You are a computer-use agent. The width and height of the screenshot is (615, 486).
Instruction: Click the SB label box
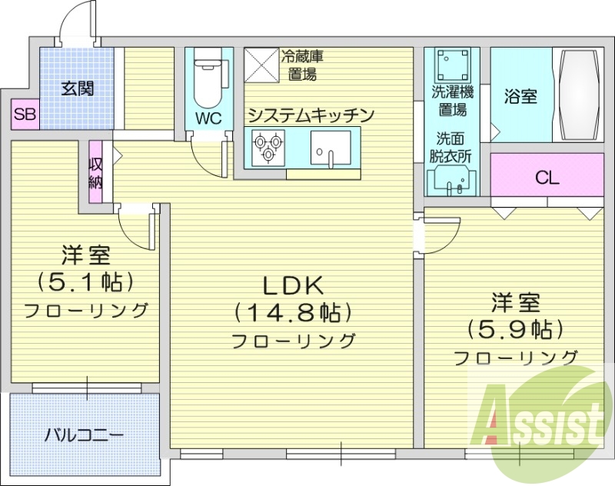click(25, 116)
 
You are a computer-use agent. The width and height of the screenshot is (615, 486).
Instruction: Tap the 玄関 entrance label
click(78, 88)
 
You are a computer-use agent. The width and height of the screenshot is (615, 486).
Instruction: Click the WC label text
click(208, 118)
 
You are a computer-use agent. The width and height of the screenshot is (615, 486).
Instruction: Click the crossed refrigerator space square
click(261, 65)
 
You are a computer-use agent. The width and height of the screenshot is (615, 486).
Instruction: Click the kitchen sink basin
click(331, 146)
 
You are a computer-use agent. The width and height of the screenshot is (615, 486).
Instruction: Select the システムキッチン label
click(311, 115)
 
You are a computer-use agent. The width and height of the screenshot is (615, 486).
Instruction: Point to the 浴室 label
click(520, 97)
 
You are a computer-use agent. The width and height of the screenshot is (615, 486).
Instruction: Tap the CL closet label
click(547, 178)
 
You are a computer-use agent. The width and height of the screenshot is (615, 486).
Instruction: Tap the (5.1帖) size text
click(85, 281)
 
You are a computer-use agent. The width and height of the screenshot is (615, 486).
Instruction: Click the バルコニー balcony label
click(84, 435)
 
